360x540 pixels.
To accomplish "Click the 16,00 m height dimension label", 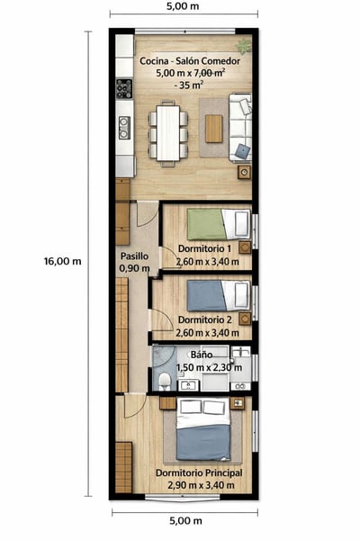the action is point(62,261).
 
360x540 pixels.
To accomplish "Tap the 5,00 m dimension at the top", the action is point(183,6).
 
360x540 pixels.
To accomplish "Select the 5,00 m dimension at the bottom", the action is point(185,521).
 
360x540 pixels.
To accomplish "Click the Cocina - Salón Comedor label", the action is point(190,61).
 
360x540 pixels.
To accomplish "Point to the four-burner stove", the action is point(124,88).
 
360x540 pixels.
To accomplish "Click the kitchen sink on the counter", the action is point(124,128).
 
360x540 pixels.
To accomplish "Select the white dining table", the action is point(167,133).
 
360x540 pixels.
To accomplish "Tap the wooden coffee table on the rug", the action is point(214,129).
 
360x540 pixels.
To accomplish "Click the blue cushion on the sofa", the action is point(243,151).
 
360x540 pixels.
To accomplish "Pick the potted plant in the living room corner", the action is point(245,46).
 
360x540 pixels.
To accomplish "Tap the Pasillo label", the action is point(134,256).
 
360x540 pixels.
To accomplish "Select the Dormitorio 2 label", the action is point(205,319).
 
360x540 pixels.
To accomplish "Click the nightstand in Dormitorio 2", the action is point(245,319).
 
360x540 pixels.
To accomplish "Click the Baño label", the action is point(202,355).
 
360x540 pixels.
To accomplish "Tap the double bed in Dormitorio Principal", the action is point(202,429).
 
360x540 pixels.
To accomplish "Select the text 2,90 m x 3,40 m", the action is point(202,485).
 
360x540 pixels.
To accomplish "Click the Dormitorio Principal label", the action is point(199,473).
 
